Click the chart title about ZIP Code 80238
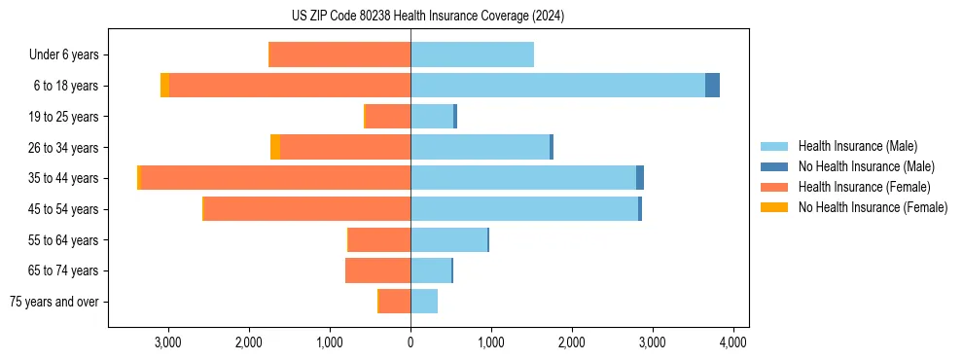point(428,17)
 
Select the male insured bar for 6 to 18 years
point(557,86)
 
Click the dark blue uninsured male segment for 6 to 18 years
point(712,86)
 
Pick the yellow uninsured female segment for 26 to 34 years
point(275,147)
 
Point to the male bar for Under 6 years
point(472,54)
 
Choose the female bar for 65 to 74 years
point(377,270)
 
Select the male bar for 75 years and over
point(424,302)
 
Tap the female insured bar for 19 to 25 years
point(387,117)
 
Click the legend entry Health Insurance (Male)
point(857,146)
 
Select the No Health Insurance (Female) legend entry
point(873,207)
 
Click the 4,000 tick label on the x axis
point(732,342)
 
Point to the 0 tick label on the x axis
point(410,342)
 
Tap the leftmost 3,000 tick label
point(168,342)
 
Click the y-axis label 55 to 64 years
point(64,240)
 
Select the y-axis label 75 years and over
point(54,302)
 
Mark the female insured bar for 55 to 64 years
point(379,240)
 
